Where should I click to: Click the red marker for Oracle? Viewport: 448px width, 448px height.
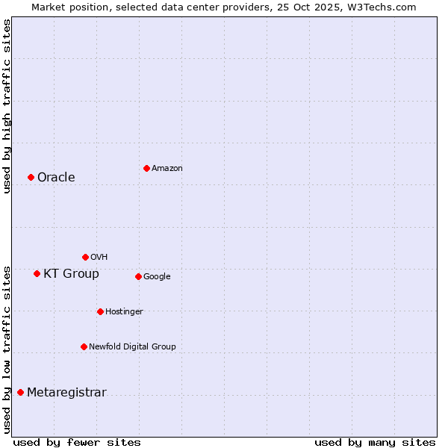coord(31,177)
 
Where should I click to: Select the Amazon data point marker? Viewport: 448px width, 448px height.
coord(146,168)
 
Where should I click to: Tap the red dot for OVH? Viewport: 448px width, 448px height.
coord(85,257)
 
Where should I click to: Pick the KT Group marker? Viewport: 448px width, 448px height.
coord(37,273)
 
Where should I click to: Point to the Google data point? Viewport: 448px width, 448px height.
coord(138,276)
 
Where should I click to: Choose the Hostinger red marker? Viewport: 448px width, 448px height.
coord(100,311)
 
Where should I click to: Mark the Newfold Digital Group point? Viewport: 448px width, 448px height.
coord(84,346)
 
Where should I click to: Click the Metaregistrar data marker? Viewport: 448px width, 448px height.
coord(20,392)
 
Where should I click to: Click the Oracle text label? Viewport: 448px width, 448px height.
coord(56,178)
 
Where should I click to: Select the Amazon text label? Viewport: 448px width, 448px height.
coord(167,169)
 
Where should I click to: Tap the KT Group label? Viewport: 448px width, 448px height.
coord(71,274)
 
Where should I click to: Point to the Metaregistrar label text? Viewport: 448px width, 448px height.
coord(66,393)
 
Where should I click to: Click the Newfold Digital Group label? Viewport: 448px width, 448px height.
coord(132,346)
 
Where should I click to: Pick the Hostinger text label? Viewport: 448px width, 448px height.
coord(124,311)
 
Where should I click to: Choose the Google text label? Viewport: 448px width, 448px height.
coord(157,277)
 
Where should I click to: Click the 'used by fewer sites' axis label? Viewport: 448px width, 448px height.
coord(77,442)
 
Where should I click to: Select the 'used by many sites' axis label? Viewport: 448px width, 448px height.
coord(375,442)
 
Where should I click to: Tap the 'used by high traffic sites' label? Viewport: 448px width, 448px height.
coord(7,106)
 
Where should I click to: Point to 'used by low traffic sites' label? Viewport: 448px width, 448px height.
coord(7,349)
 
